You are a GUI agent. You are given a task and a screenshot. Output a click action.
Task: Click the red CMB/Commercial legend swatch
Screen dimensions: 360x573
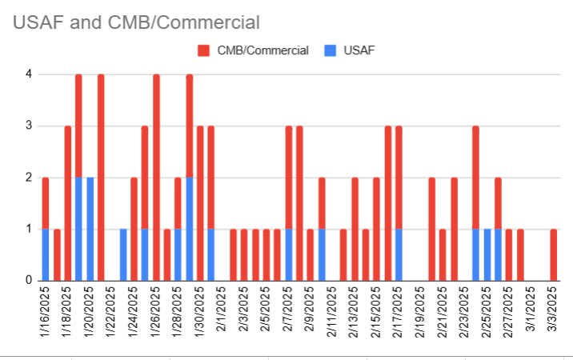(x=203, y=50)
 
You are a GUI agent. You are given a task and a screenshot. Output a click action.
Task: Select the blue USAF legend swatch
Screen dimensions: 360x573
(x=330, y=50)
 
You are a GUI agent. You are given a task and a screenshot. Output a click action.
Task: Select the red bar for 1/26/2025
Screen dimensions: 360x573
(x=156, y=177)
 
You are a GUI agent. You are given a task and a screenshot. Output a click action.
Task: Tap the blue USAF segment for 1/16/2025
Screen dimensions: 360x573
(x=46, y=254)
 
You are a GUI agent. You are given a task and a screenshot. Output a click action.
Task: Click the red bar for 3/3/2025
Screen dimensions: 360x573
(x=553, y=254)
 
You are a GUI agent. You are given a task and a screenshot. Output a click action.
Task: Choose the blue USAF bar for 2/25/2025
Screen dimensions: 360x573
(x=487, y=254)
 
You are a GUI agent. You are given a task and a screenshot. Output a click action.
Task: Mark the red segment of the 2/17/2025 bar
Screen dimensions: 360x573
(x=399, y=177)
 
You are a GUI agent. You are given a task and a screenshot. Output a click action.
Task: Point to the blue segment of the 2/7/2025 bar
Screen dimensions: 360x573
(x=288, y=254)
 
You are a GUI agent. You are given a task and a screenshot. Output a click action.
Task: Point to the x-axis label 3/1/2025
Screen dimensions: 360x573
(x=531, y=316)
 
